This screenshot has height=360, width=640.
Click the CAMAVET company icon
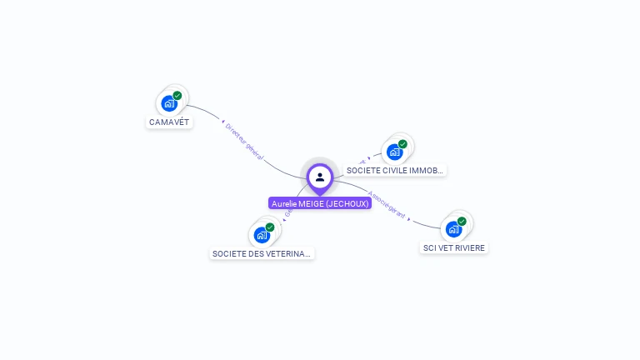(169, 104)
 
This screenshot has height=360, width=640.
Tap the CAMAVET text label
(169, 122)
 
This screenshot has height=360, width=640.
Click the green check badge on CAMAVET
(177, 96)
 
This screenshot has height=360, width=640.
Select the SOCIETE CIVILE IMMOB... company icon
(394, 152)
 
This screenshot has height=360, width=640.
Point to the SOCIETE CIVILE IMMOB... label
(395, 170)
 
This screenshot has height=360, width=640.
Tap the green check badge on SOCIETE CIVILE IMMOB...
(402, 144)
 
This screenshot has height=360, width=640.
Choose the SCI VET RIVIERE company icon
(453, 229)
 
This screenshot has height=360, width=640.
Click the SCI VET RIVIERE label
(453, 247)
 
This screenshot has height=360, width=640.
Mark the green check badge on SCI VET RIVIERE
(462, 222)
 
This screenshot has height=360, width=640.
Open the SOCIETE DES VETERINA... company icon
(262, 235)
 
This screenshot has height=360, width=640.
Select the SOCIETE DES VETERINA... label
(262, 253)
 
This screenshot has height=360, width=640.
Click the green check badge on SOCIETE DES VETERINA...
(270, 227)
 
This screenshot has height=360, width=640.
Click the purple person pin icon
(320, 177)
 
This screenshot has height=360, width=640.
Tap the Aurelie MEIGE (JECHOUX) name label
(320, 203)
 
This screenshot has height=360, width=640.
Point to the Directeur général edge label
(245, 139)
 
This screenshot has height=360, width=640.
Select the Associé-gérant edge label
(387, 207)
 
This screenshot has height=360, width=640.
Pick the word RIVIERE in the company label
(468, 247)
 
